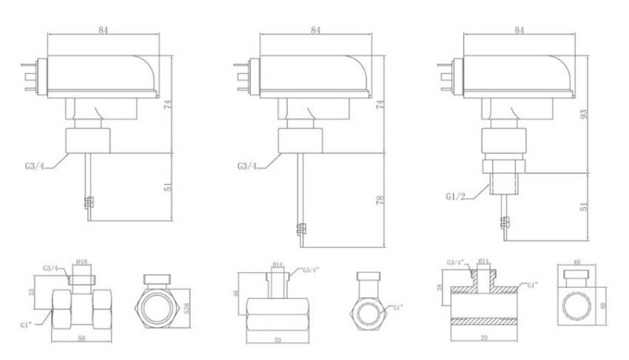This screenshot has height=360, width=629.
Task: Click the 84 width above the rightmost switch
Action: coord(518,30)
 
